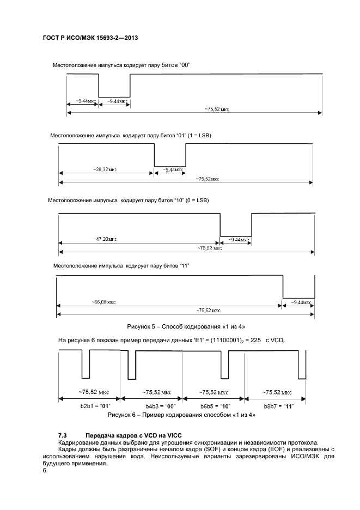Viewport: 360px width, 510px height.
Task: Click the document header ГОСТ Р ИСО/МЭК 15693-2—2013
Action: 90,39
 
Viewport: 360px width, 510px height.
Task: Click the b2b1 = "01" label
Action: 88,406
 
